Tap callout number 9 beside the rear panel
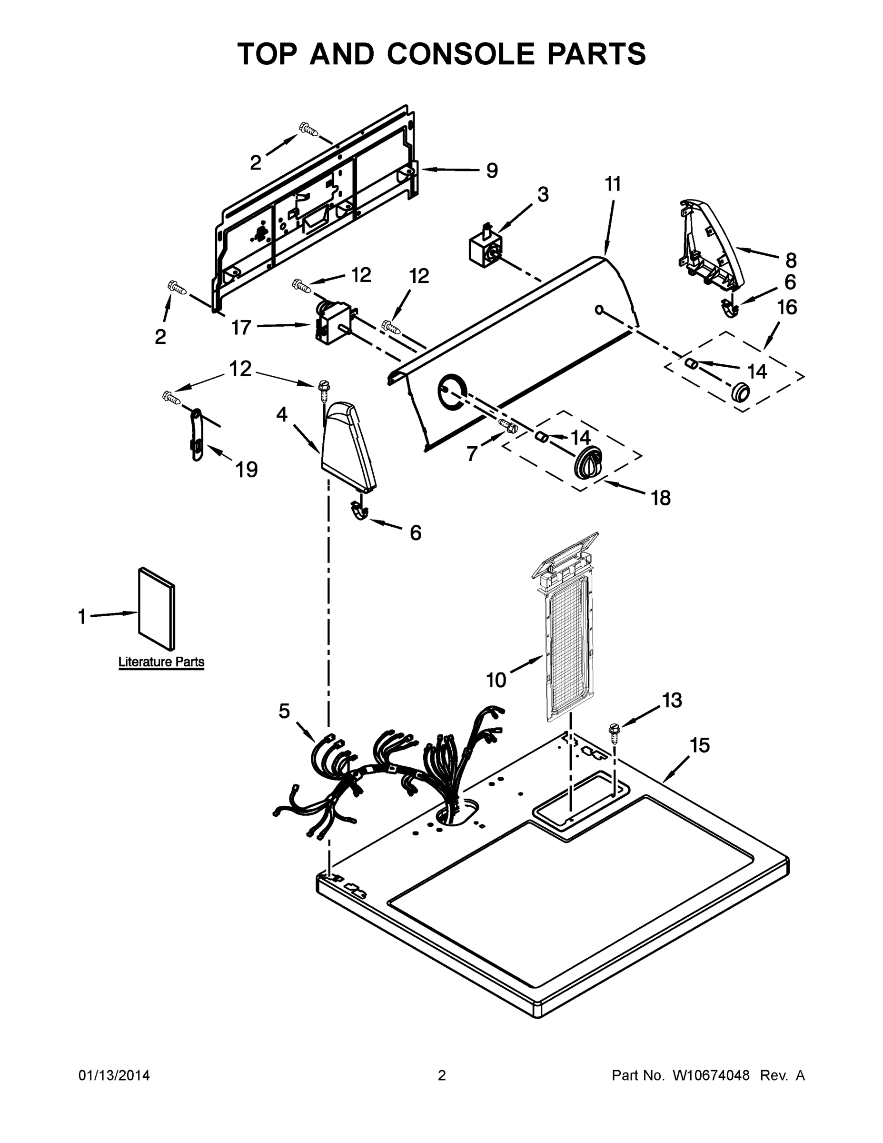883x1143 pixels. point(492,170)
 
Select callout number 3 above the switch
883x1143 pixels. point(543,195)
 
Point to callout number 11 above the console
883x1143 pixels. point(613,185)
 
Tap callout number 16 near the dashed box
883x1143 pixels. point(786,308)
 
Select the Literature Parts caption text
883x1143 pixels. point(161,662)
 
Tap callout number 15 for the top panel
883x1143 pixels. point(700,745)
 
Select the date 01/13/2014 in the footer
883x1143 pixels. point(114,1076)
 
